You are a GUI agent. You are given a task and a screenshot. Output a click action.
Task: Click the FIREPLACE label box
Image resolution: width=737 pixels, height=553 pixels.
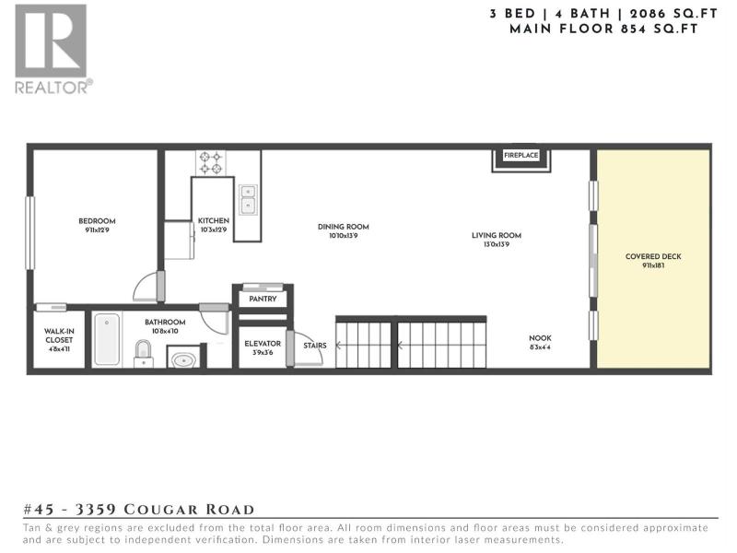tap(521, 155)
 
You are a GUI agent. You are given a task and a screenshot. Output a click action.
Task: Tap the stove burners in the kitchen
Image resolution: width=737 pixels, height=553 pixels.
tap(211, 163)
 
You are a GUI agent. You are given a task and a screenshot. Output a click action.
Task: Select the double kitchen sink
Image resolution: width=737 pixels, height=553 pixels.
tap(248, 199)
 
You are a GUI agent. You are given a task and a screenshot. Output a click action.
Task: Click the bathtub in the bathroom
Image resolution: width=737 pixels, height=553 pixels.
tap(107, 339)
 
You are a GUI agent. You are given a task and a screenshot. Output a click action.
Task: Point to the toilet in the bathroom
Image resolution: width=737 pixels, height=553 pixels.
tap(144, 354)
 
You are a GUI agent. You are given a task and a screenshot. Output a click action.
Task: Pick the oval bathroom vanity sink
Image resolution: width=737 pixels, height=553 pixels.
tap(183, 360)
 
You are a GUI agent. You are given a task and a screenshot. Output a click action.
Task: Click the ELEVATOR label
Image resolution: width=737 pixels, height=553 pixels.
tap(263, 344)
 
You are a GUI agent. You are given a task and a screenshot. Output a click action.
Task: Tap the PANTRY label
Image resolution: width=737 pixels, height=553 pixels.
tap(263, 299)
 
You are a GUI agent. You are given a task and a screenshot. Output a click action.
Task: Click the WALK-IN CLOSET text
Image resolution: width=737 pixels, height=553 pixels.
tap(59, 335)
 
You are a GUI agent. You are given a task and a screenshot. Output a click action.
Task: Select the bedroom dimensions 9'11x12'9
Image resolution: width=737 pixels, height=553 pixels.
tap(98, 229)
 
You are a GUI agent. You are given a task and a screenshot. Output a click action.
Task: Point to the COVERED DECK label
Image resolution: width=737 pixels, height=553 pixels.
tap(653, 256)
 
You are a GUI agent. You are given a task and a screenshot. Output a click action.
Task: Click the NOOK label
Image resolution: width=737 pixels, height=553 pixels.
tap(540, 338)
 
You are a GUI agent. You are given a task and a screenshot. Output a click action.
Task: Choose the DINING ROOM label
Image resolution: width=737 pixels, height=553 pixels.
tap(343, 227)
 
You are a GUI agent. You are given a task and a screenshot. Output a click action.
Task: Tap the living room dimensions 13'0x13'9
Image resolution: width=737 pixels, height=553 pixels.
tap(497, 244)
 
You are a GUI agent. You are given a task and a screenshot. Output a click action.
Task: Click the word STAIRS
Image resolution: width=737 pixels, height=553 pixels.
tap(315, 346)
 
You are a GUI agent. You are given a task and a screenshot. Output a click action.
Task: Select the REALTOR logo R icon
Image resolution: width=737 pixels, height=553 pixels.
tap(51, 41)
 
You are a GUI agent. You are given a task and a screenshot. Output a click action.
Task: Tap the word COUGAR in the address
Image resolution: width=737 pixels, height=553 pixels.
tap(161, 510)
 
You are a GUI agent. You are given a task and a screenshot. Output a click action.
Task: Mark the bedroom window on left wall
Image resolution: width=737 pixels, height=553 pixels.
tap(30, 233)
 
